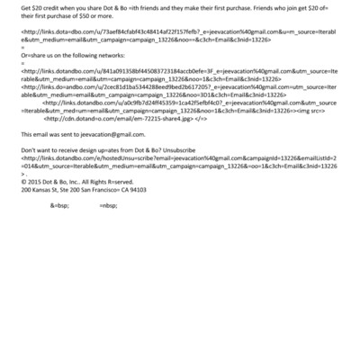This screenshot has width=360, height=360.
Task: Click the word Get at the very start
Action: pyautogui.click(x=25, y=5)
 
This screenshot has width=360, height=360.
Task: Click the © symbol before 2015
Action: pyautogui.click(x=23, y=182)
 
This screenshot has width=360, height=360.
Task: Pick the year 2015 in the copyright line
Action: pyautogui.click(x=36, y=182)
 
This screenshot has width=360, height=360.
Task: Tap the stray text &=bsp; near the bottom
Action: pyautogui.click(x=59, y=204)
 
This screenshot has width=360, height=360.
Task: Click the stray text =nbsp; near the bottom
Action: pyautogui.click(x=108, y=204)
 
